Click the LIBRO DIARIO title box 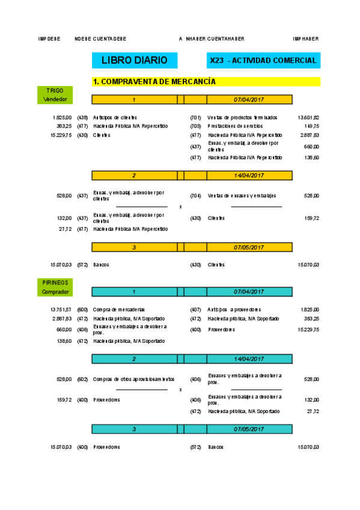coord(134,60)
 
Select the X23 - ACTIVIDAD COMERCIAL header coord(263,60)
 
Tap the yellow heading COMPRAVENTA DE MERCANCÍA coord(154,82)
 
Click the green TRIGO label coord(55,91)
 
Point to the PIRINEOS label coord(55,283)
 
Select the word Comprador coord(55,292)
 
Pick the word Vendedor coord(55,99)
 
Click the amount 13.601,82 coord(308,117)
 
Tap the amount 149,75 coord(311,126)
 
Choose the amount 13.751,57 coord(61,309)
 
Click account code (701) coord(195,117)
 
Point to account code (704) coord(195,195)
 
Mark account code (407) coord(195,309)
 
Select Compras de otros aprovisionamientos coord(134,379)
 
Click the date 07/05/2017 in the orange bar coord(248,247)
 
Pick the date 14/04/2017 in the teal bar coord(248,359)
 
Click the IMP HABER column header coord(306,38)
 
